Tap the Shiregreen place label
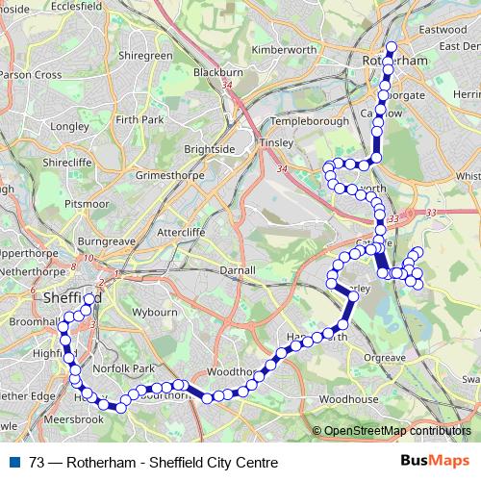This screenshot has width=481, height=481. coord(144,56)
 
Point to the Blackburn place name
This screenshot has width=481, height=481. coord(216,72)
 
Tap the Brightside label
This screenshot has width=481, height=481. coord(210,150)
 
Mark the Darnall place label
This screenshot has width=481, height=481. coord(237,270)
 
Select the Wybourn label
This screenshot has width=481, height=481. coord(154,313)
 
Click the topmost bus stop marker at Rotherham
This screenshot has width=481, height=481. coord(391,48)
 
